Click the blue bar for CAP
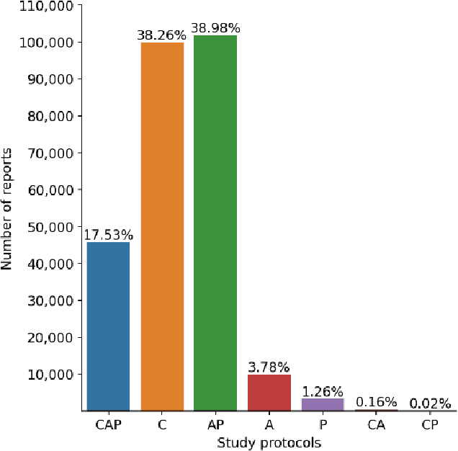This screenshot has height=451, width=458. click(x=108, y=326)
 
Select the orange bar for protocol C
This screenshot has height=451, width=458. click(x=162, y=226)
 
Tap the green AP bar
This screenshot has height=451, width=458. click(x=215, y=223)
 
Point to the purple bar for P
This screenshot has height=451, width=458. click(x=323, y=404)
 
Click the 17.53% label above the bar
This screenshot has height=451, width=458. click(x=108, y=235)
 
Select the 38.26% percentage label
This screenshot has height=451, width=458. click(x=162, y=35)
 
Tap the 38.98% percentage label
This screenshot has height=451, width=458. click(x=215, y=28)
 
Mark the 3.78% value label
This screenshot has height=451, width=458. click(x=269, y=367)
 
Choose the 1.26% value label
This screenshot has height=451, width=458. click(x=323, y=391)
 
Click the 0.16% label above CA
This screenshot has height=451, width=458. click(x=376, y=402)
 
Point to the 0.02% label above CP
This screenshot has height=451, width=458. click(x=430, y=403)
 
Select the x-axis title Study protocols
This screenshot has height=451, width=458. click(x=269, y=442)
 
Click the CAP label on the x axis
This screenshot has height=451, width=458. click(x=108, y=425)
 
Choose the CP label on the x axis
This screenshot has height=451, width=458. click(x=430, y=425)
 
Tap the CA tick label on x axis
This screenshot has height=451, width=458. click(x=376, y=425)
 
